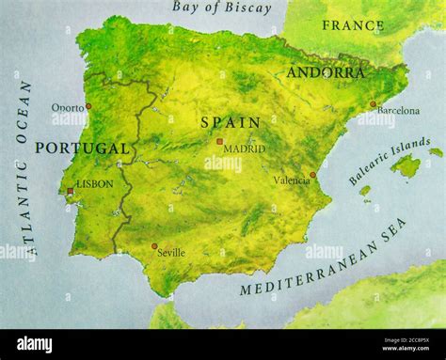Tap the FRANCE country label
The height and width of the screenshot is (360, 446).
(353, 25)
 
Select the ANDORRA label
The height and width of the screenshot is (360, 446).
(326, 72)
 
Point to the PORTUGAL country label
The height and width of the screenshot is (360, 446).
(82, 149)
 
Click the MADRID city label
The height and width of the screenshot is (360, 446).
(244, 149)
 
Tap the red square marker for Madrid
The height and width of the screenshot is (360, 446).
(219, 142)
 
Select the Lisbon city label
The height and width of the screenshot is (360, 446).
(94, 184)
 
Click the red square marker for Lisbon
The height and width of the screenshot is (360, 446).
(70, 192)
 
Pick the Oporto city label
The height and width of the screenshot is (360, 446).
(68, 107)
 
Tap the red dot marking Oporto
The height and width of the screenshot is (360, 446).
(88, 106)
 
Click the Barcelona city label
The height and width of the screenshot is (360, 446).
(398, 111)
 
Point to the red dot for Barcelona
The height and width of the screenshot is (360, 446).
(373, 104)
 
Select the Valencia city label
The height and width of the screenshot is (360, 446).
(291, 180)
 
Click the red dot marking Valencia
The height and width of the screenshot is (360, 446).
(312, 174)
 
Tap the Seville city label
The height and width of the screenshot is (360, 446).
(171, 253)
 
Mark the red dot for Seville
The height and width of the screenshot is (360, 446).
(154, 246)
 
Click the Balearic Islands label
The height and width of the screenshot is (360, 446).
(389, 160)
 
